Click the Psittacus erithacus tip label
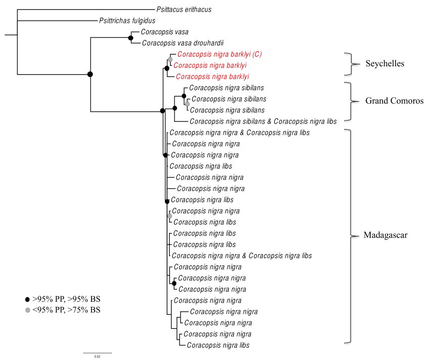(x=184, y=10)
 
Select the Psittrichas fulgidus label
(x=127, y=21)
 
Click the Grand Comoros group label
(x=394, y=101)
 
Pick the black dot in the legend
(x=27, y=299)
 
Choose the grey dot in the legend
(x=27, y=310)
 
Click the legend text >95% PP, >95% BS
(x=66, y=299)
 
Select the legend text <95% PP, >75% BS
(x=66, y=310)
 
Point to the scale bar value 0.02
(x=97, y=357)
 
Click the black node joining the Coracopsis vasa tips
(x=131, y=37)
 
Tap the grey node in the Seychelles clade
(x=170, y=60)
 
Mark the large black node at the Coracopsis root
(x=90, y=74)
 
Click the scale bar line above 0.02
(x=97, y=352)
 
